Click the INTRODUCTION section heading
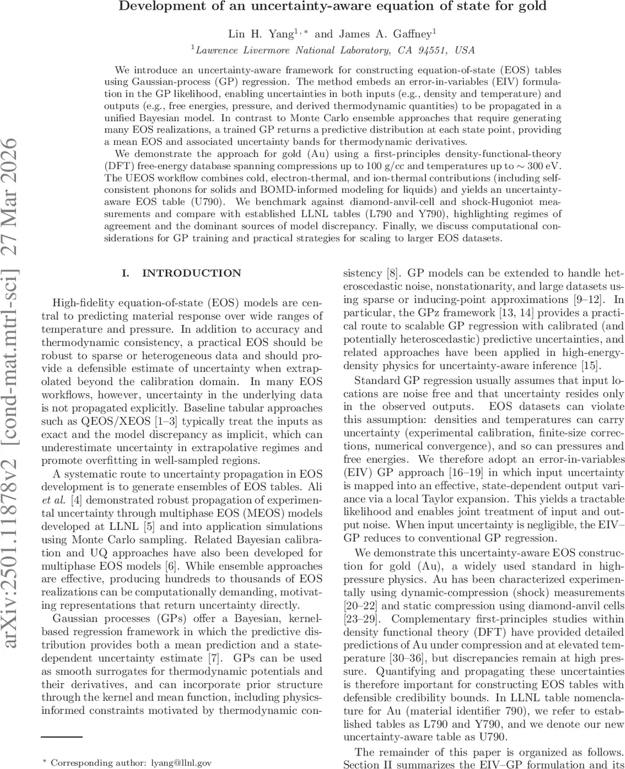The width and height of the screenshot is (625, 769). (x=182, y=274)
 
